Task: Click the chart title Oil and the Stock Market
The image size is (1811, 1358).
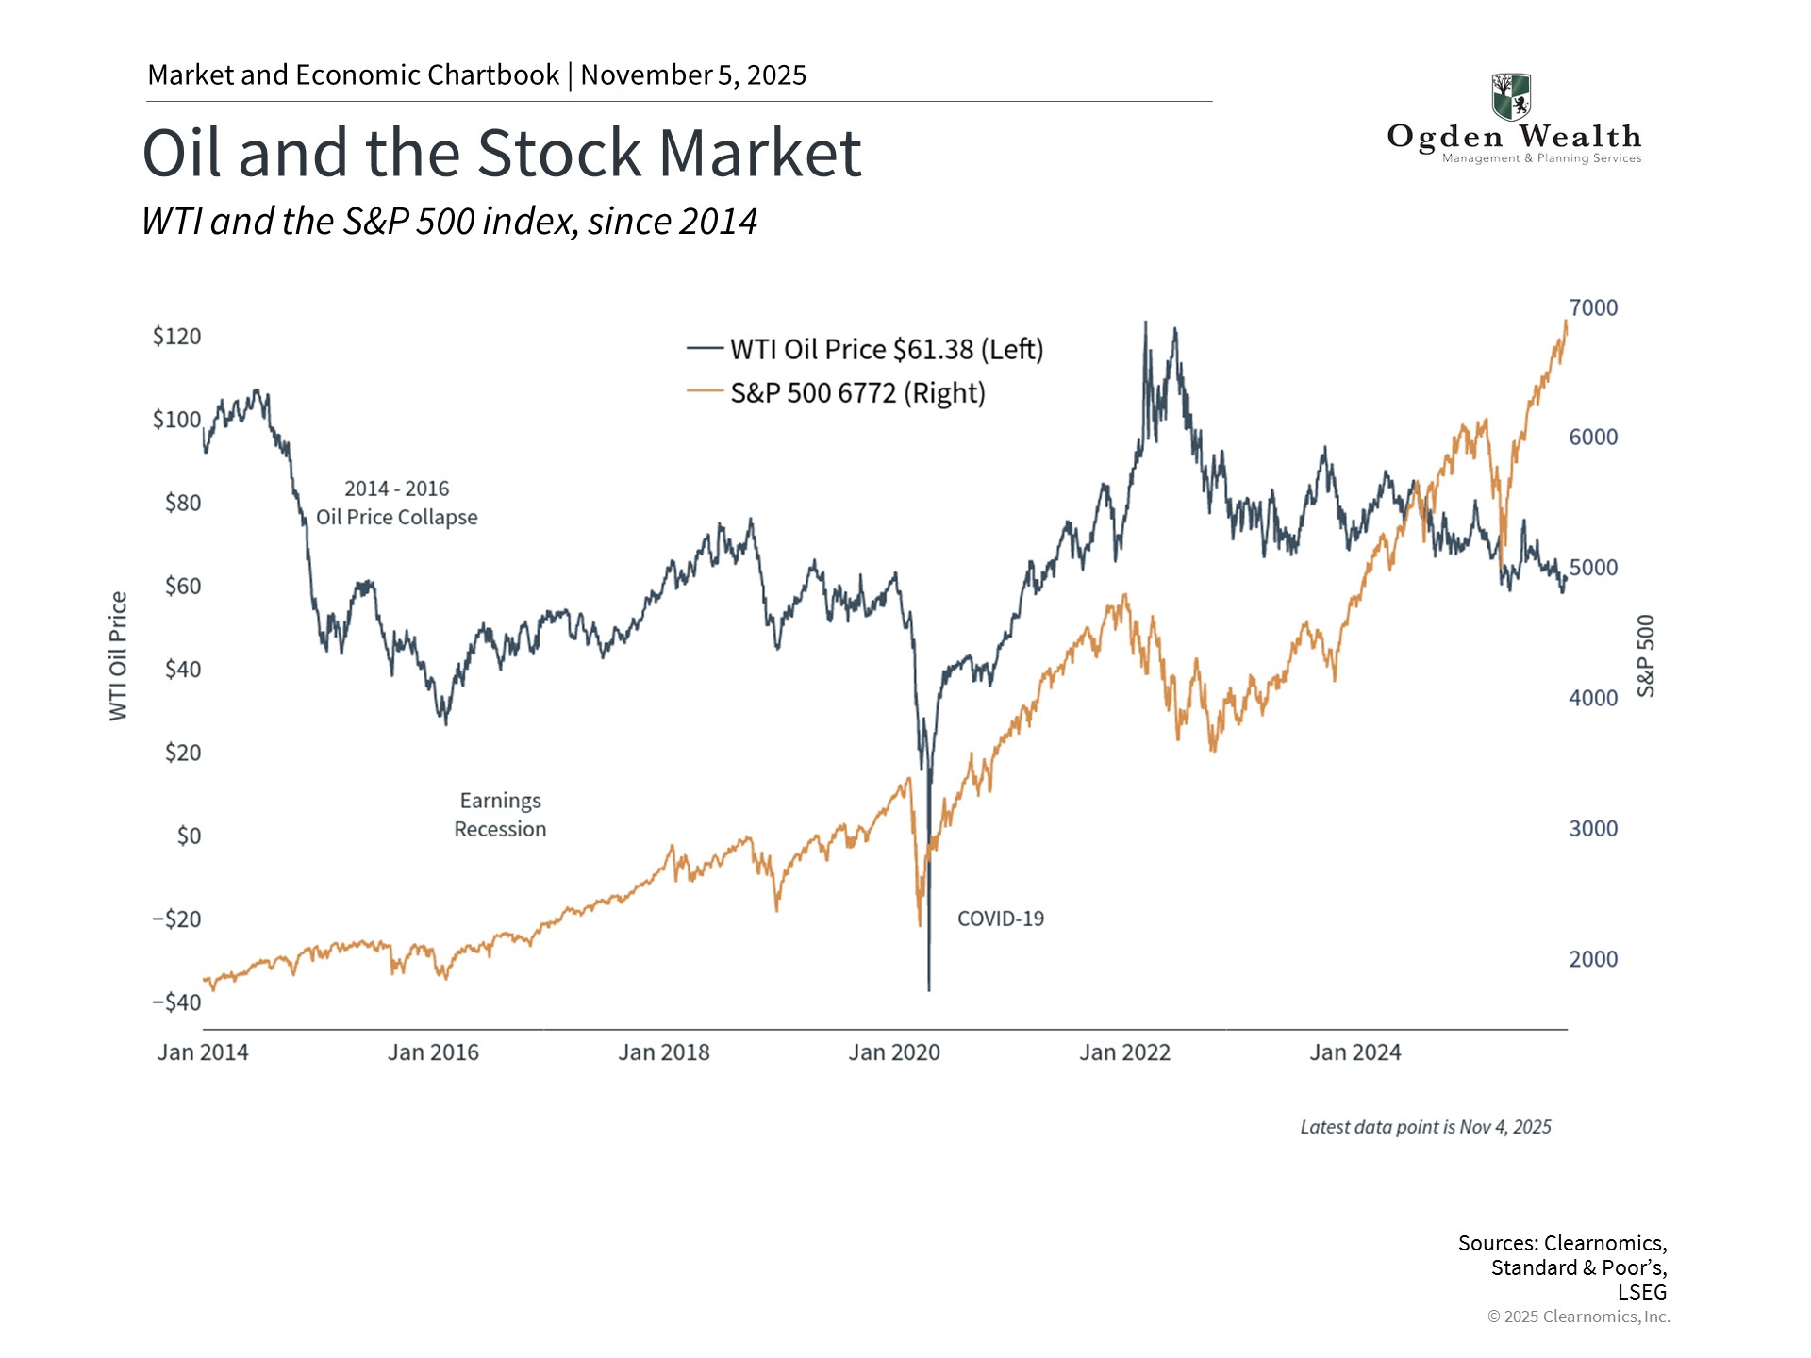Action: pyautogui.click(x=501, y=153)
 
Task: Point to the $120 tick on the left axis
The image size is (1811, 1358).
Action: pyautogui.click(x=176, y=336)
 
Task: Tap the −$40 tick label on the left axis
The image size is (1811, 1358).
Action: pyautogui.click(x=176, y=1002)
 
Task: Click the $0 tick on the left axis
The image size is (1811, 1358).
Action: pyautogui.click(x=189, y=836)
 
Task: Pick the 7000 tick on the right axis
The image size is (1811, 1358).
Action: pyautogui.click(x=1593, y=307)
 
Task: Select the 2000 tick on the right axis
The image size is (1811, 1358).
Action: pyautogui.click(x=1593, y=959)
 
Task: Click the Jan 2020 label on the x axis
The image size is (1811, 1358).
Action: pyautogui.click(x=893, y=1052)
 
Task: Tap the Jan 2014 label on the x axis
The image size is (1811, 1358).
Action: pyautogui.click(x=203, y=1052)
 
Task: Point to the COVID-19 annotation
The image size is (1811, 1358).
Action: pyautogui.click(x=1000, y=919)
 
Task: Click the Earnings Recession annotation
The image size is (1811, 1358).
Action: pyautogui.click(x=500, y=815)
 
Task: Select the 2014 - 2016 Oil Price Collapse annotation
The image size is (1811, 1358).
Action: pyautogui.click(x=396, y=503)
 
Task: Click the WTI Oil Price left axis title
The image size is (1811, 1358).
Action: pyautogui.click(x=118, y=656)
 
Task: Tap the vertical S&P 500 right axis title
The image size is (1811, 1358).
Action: pyautogui.click(x=1646, y=656)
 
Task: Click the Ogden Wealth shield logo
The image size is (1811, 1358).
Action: pyautogui.click(x=1511, y=96)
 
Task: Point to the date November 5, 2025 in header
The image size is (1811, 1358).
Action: pyautogui.click(x=693, y=75)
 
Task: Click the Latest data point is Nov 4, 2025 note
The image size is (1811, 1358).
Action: pyautogui.click(x=1425, y=1127)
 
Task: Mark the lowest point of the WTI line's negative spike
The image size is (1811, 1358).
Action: pyautogui.click(x=929, y=989)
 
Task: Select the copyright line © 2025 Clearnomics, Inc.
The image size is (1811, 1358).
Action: pyautogui.click(x=1578, y=1317)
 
